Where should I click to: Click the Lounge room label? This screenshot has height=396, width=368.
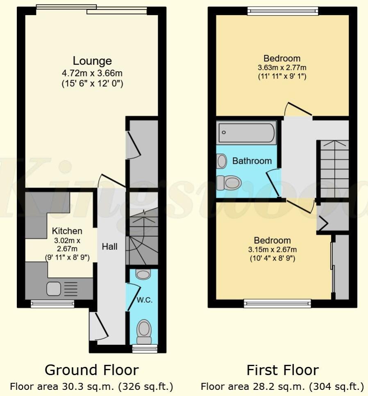pos(92,61)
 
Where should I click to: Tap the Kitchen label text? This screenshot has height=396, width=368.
pos(67,231)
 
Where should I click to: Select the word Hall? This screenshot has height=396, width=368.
pos(109,247)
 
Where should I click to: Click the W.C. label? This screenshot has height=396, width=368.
pos(145,300)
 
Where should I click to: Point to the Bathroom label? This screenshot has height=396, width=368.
pos(252,161)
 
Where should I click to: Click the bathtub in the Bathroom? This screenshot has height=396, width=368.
pos(246,132)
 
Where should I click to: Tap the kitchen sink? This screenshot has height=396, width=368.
pos(54,289)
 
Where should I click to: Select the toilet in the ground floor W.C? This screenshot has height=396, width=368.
pos(144,331)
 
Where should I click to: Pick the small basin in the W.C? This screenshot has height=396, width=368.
pos(143,274)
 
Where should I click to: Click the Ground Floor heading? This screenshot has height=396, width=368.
pos(91,370)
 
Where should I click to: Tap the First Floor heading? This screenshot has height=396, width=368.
pos(282,370)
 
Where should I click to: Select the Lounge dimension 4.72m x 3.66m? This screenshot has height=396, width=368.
pos(92,74)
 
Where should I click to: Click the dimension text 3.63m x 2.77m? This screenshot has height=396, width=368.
pos(282,68)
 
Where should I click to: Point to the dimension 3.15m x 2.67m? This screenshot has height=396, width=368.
pos(272,250)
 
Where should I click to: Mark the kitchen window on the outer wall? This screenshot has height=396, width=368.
pos(52,304)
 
